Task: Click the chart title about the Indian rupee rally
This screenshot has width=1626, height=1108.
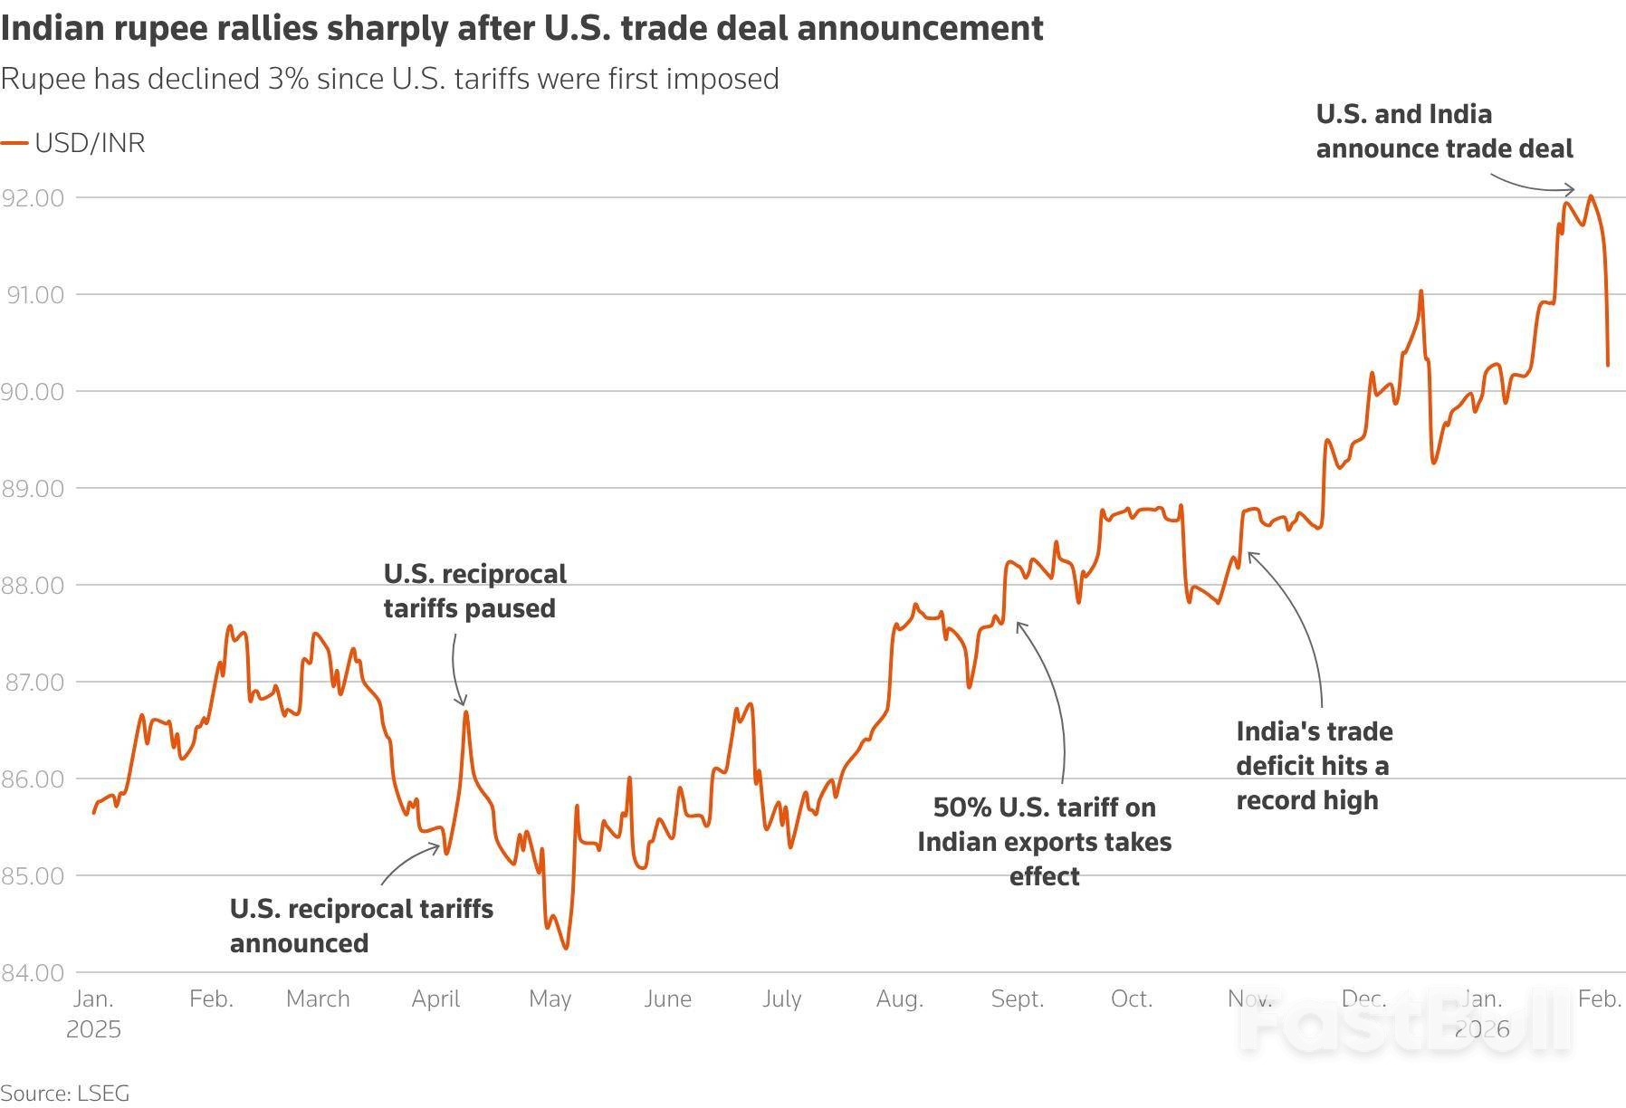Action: [x=521, y=28]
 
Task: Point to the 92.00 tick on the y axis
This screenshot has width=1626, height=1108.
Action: [x=33, y=197]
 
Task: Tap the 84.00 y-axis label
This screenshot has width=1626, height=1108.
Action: [x=33, y=972]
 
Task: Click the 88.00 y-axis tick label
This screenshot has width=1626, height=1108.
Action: [x=33, y=585]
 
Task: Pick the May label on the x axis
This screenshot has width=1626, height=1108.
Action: [x=550, y=998]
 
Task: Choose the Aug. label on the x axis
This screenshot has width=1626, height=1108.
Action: [x=899, y=998]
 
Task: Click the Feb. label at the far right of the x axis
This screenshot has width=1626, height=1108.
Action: [x=1599, y=998]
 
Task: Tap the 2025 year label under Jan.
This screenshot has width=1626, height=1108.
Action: [x=93, y=1029]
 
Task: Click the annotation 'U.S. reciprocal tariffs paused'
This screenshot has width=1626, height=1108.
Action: [x=474, y=590]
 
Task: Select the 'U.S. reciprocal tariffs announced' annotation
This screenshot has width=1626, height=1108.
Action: [x=361, y=925]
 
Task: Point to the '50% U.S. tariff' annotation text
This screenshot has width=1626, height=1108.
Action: [x=1044, y=841]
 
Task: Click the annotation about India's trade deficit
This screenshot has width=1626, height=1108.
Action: [x=1314, y=765]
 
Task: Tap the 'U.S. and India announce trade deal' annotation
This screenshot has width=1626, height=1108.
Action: [x=1444, y=131]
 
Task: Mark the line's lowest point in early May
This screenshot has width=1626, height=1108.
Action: [x=567, y=948]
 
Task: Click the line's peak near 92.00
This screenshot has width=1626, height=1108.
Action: [x=1591, y=196]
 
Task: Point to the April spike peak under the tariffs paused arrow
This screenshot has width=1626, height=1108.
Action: [x=465, y=712]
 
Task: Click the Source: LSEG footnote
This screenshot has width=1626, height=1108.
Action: [x=64, y=1093]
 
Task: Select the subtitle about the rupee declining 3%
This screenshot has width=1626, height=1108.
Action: [x=389, y=79]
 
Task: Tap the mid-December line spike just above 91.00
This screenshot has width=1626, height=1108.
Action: [x=1421, y=291]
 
